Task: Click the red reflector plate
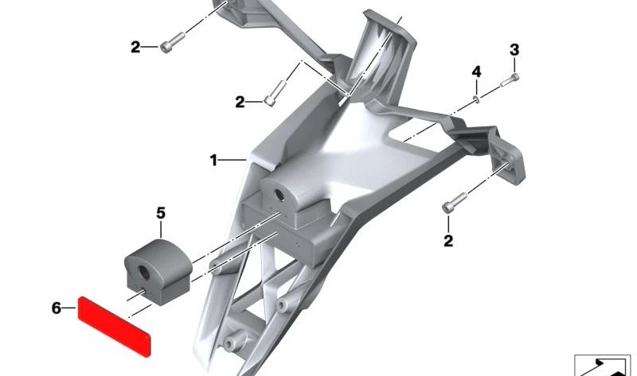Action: [x=114, y=326]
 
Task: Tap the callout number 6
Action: [x=57, y=308]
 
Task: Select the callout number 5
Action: [x=161, y=213]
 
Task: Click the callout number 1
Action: [x=213, y=161]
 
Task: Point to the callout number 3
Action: [x=514, y=50]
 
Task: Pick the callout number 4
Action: [x=476, y=72]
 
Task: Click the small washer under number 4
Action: [x=477, y=99]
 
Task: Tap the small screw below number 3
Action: [x=510, y=80]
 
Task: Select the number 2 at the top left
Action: [x=135, y=48]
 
